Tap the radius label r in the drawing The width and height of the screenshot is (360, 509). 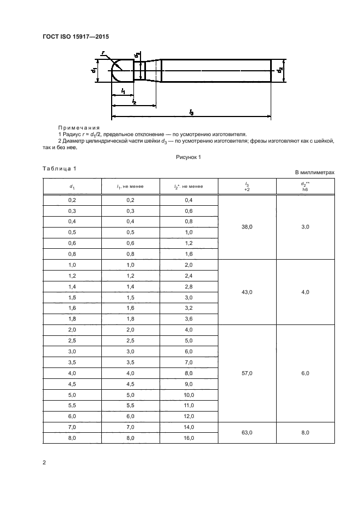tap(103, 53)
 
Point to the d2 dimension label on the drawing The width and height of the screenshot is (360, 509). tap(280, 70)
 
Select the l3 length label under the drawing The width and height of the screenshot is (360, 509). tap(191, 112)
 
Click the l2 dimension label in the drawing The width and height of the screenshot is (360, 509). tap(133, 101)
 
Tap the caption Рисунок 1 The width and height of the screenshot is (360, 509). tap(188, 157)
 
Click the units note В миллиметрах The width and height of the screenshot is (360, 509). tap(315, 173)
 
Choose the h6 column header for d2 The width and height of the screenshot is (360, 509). tap(305, 189)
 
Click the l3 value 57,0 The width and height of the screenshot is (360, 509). tap(247, 373)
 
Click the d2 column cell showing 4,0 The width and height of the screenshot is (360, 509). tap(305, 292)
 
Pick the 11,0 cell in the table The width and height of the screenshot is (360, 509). tap(188, 406)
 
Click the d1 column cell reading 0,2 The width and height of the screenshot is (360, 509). tap(72, 200)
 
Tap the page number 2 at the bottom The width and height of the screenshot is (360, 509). tap(44, 463)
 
